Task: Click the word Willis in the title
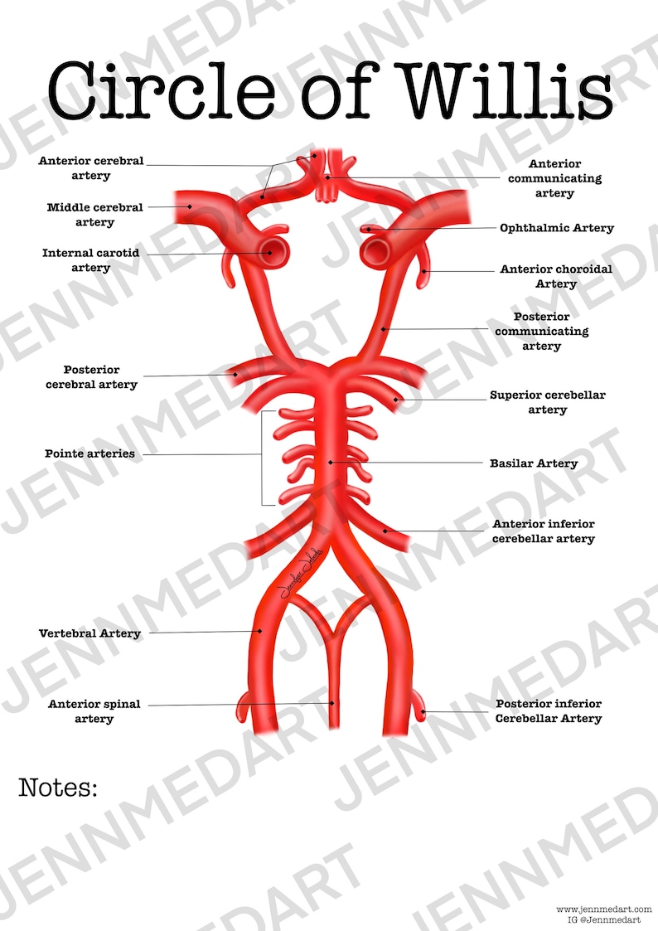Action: click(x=506, y=89)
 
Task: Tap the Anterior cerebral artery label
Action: click(x=91, y=168)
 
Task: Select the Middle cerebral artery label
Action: click(x=94, y=215)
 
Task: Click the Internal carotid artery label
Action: click(x=90, y=260)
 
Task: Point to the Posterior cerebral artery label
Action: click(x=91, y=377)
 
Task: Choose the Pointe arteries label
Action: click(x=90, y=454)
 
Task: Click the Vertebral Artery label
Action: click(x=90, y=633)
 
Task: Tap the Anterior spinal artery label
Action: click(x=94, y=711)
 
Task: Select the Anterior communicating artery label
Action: click(x=554, y=178)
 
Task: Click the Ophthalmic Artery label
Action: click(x=556, y=228)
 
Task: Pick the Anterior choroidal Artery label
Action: click(x=555, y=277)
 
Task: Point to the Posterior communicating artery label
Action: click(x=541, y=331)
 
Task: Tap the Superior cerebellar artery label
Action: click(x=547, y=402)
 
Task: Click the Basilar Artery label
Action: click(x=534, y=463)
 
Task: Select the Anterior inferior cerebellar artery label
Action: click(x=543, y=531)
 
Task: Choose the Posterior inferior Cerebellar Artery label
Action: click(x=548, y=710)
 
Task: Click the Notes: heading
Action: click(x=58, y=788)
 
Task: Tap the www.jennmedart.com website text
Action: click(x=604, y=909)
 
